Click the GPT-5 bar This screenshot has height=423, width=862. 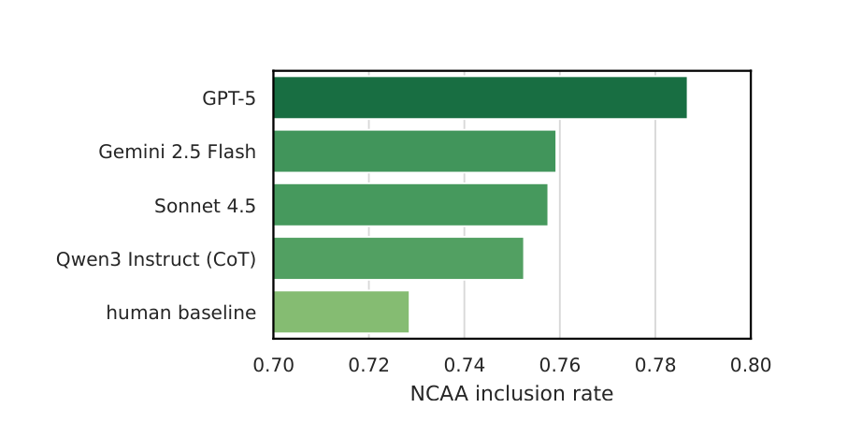480,97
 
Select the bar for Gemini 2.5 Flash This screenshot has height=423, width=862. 414,152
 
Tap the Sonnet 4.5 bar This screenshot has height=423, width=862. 410,205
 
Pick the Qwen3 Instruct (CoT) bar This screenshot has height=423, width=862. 398,258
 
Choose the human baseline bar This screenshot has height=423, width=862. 341,312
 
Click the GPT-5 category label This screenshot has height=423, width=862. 229,98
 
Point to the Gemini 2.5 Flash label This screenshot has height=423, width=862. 178,152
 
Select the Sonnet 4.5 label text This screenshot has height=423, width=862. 205,206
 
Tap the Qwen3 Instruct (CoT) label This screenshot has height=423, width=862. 156,259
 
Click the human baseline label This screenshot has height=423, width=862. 181,313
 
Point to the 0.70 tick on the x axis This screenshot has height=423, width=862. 273,365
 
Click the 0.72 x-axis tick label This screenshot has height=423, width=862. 369,365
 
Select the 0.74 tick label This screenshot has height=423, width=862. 465,365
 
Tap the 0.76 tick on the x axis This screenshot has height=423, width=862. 560,365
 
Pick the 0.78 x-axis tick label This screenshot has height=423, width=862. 655,365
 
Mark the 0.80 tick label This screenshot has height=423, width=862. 751,365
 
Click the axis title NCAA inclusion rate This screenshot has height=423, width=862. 511,394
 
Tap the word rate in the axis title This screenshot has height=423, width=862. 594,394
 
